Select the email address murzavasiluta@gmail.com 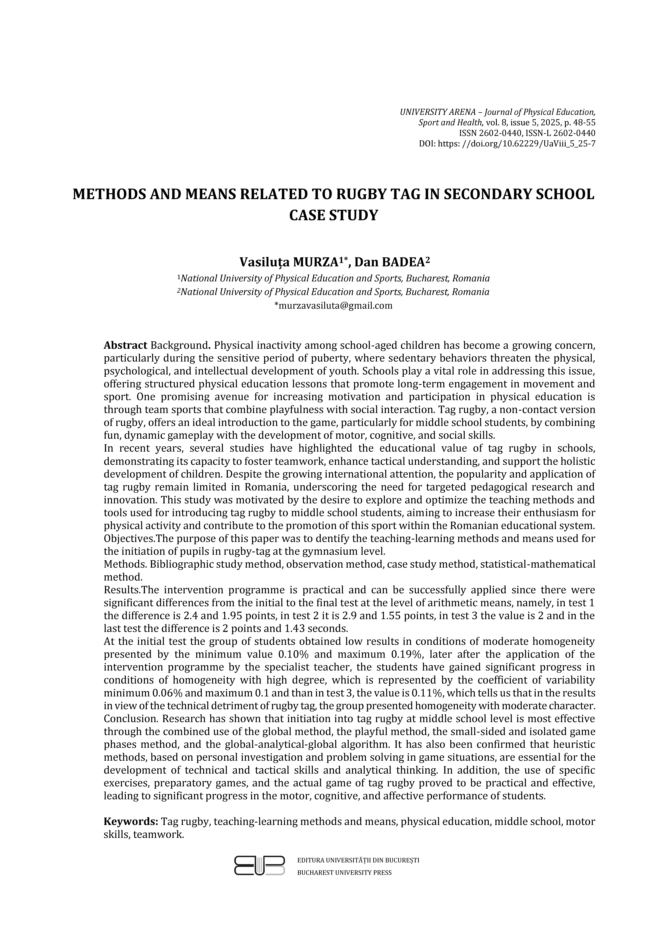click(333, 305)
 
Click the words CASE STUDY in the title click(333, 215)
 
